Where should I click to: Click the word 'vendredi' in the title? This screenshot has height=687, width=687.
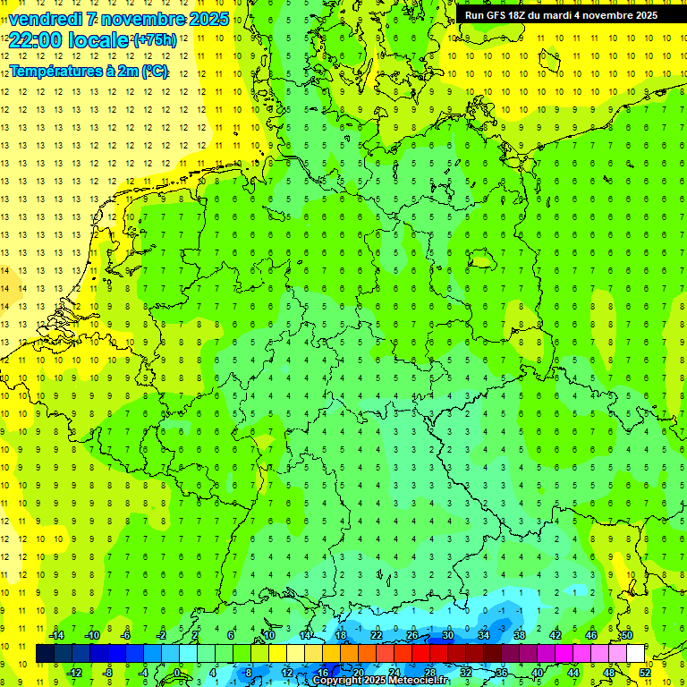(x=43, y=19)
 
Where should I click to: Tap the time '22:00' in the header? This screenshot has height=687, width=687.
(x=35, y=40)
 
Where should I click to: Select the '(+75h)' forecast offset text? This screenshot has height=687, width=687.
(x=154, y=40)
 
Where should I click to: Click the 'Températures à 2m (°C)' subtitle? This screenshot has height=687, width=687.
(x=89, y=72)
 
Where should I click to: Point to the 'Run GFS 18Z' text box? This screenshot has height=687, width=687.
(x=561, y=15)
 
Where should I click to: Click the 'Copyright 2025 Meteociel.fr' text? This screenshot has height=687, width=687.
(x=380, y=681)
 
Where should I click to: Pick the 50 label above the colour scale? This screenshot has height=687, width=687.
(x=627, y=635)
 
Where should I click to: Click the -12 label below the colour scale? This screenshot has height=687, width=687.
(x=74, y=673)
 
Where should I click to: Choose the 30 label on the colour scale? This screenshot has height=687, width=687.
(x=448, y=635)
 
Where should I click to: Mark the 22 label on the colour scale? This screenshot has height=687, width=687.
(x=377, y=635)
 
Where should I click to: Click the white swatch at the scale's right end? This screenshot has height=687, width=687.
(x=636, y=654)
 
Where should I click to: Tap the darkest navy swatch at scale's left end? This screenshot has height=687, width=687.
(x=46, y=654)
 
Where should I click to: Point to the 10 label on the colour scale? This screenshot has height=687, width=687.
(x=269, y=635)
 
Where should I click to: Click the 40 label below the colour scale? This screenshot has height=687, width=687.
(x=539, y=673)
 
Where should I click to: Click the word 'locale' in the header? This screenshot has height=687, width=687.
(x=101, y=40)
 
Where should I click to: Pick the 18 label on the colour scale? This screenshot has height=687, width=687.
(x=341, y=635)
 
